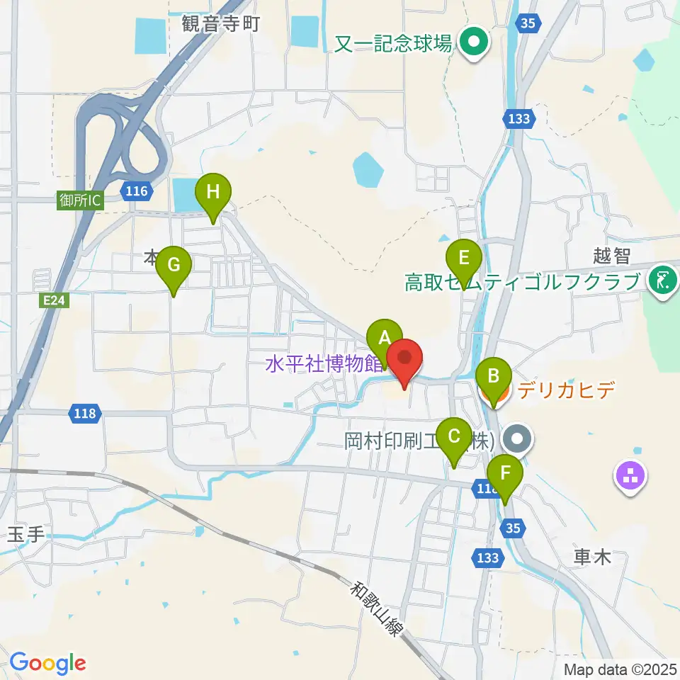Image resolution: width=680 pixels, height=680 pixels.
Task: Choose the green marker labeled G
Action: (173, 266)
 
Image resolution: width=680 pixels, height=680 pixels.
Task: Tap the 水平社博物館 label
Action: (323, 365)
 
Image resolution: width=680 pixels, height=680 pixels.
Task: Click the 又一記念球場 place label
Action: (394, 44)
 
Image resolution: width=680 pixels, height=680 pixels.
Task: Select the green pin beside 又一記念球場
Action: (471, 42)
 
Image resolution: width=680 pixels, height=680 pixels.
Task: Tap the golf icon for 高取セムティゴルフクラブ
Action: (662, 280)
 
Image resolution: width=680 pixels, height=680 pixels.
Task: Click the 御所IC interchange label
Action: (79, 200)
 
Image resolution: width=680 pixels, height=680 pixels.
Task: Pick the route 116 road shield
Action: (135, 191)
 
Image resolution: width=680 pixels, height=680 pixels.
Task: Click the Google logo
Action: (47, 663)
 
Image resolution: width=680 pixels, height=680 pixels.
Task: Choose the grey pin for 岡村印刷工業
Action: (518, 439)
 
